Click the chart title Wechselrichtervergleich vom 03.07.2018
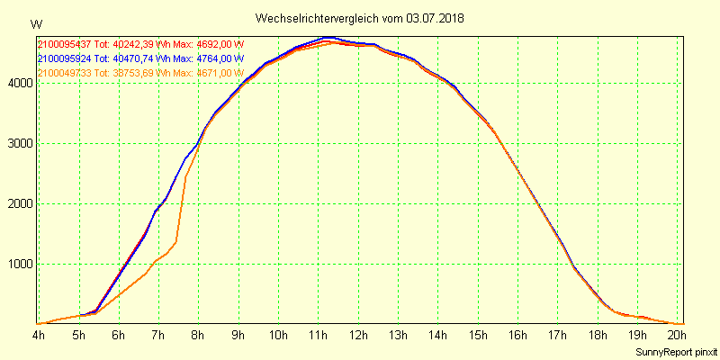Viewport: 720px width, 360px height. click(359, 18)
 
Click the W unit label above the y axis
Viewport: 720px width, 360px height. click(35, 23)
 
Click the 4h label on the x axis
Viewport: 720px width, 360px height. click(38, 336)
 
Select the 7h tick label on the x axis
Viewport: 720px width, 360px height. click(158, 336)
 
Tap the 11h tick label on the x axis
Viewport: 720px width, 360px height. click(318, 336)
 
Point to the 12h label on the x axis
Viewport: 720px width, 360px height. click(358, 336)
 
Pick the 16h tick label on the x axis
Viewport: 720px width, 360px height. click(517, 336)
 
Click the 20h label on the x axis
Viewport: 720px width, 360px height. click(677, 336)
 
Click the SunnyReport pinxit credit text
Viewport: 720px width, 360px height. click(676, 351)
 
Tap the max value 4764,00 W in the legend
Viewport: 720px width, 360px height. click(215, 58)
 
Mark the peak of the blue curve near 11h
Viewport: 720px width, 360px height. click(328, 38)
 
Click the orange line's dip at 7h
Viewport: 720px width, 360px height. click(158, 260)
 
